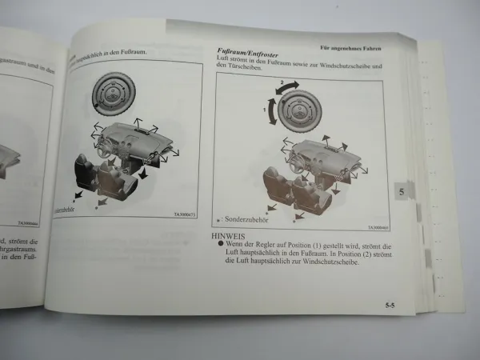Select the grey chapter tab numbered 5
coord(401,192)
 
